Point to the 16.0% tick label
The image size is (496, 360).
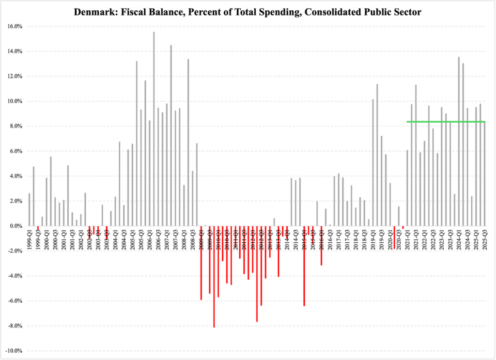[15, 26]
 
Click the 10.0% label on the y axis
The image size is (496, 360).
[15, 101]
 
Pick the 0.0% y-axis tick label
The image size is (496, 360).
[16, 226]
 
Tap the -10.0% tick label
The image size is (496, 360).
[14, 351]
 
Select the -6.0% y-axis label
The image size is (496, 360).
[15, 301]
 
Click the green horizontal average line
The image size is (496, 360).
[446, 122]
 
